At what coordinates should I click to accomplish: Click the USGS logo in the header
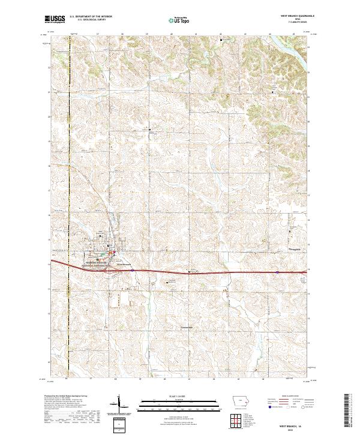point(55,19)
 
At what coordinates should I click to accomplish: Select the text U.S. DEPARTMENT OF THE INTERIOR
point(91,16)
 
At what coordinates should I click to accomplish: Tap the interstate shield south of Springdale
point(277,271)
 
